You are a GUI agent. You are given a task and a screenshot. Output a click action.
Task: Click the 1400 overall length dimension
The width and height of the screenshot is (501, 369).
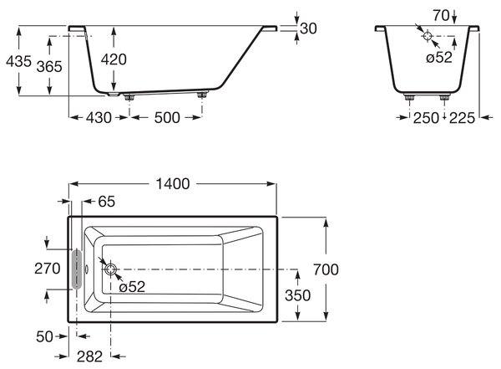(x=173, y=184)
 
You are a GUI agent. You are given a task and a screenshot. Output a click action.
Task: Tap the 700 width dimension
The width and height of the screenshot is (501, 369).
(x=326, y=269)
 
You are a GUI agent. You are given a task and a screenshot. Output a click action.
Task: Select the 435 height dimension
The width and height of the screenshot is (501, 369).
(x=19, y=61)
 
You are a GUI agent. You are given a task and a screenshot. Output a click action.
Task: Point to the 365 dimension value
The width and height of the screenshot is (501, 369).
(x=49, y=67)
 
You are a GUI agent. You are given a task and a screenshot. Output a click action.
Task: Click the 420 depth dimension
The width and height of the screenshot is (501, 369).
(x=114, y=59)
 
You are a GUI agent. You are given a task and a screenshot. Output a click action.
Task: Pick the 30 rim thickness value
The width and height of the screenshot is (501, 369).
(x=309, y=28)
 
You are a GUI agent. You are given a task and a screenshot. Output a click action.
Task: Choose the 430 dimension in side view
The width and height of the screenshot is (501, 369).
(x=99, y=117)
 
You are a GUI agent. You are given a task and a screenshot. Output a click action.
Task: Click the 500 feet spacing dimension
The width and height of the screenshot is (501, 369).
(x=167, y=117)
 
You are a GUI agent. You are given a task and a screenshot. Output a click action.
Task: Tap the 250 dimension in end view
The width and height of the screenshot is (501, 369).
(x=426, y=118)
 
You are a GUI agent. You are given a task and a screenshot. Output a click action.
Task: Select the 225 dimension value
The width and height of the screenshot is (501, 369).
(x=462, y=118)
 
